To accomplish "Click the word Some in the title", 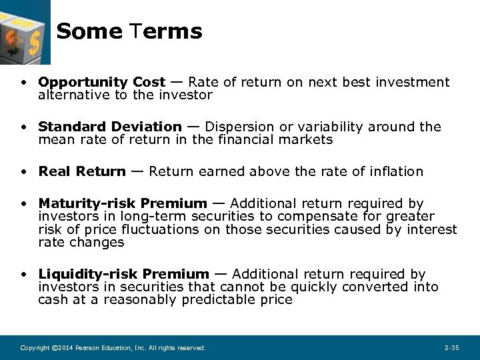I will click(x=89, y=31).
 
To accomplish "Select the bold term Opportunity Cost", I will click(x=101, y=82).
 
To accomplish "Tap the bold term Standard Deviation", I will click(x=109, y=127).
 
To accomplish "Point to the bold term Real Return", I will click(x=81, y=171).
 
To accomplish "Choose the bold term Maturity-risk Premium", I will click(x=123, y=203).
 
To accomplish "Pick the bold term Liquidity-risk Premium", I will click(x=123, y=274).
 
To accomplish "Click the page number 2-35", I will click(x=451, y=348).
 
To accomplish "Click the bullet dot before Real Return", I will click(x=24, y=172).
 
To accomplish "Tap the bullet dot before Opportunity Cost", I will click(x=24, y=83).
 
